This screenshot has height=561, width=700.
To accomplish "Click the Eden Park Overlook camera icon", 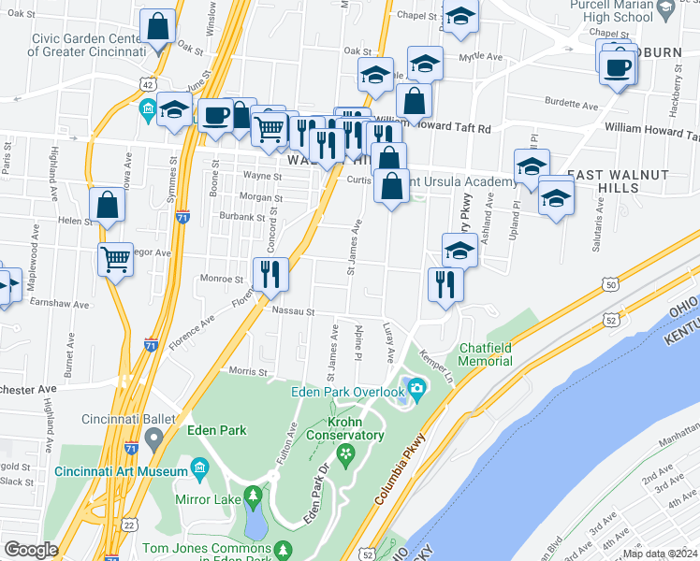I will coord(416,388).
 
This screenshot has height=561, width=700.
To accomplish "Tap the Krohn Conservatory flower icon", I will coord(347,453).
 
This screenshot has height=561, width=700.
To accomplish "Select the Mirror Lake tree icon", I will coord(252,494).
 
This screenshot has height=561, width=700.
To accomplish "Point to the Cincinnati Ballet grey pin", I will coord(154,438).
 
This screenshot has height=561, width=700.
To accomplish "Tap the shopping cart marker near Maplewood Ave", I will coord(116,259).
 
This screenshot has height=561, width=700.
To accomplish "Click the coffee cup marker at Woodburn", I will coord(618,67).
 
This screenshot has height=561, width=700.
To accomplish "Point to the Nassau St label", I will coord(292,312).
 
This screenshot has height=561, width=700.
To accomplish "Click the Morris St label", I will coord(248,371).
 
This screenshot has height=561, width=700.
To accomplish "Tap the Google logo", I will coord(31,550).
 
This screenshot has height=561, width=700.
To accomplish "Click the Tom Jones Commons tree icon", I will coord(280,550).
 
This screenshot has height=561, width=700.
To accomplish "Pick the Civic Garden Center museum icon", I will coord(148,111).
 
